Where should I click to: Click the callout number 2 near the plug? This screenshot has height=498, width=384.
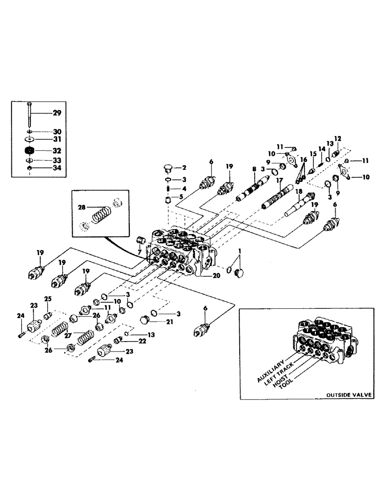tap(184, 167)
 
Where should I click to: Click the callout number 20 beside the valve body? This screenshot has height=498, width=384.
tap(216, 275)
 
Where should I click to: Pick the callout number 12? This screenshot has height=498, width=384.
tap(338, 138)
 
